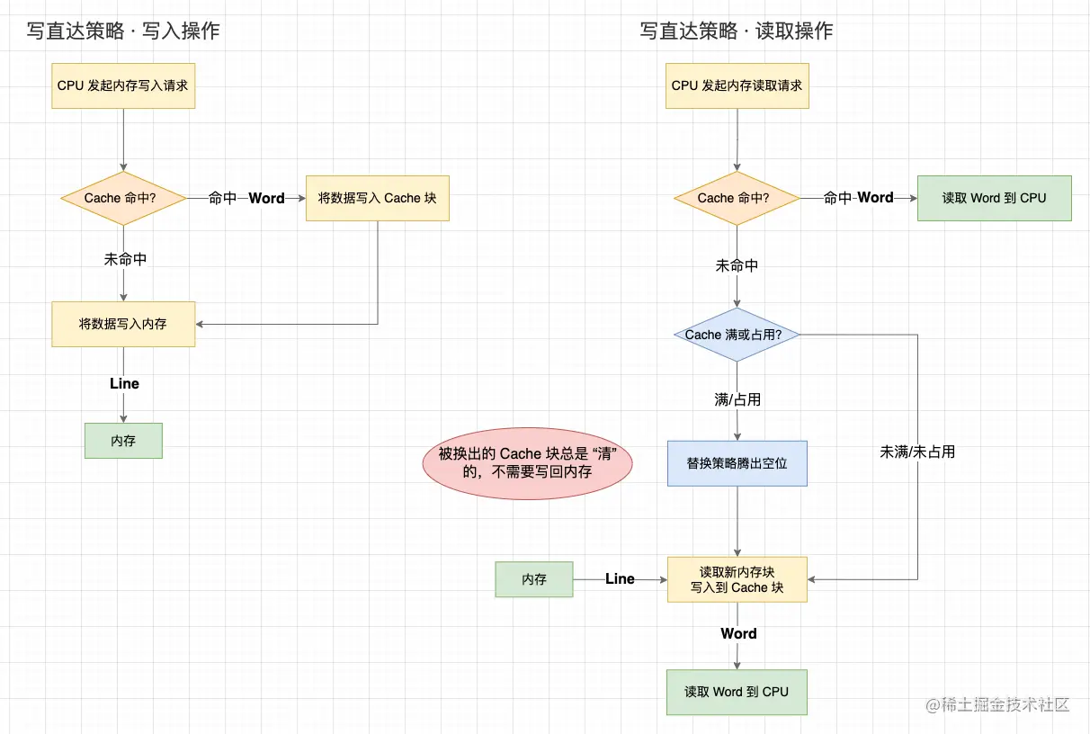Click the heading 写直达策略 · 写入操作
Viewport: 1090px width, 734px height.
[x=122, y=31]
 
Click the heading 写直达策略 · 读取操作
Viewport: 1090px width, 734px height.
[x=736, y=31]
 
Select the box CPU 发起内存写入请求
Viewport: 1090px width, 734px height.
[x=123, y=85]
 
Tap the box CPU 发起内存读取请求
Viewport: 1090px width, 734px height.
[x=737, y=85]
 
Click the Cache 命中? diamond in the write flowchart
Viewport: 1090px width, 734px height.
[x=123, y=198]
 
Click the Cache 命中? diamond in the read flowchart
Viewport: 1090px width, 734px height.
[x=737, y=198]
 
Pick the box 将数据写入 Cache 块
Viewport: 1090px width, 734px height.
[x=377, y=198]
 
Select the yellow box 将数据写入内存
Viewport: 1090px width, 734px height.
[x=123, y=324]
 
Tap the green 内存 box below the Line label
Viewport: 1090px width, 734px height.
[x=123, y=441]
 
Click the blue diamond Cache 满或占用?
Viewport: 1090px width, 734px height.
[x=737, y=335]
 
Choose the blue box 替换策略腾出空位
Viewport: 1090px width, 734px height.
[x=737, y=463]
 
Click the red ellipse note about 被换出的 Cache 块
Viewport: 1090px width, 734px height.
[x=527, y=463]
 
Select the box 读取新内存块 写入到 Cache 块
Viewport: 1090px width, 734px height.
[x=737, y=579]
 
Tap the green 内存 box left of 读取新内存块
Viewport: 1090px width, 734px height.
[x=534, y=579]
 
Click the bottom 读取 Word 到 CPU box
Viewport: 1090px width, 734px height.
[x=737, y=692]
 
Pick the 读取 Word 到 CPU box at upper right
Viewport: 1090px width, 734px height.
[x=994, y=198]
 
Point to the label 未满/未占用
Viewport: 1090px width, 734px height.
[x=917, y=452]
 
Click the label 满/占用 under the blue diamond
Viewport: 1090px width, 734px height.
[x=737, y=399]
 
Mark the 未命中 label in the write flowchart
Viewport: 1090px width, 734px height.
[x=125, y=259]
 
